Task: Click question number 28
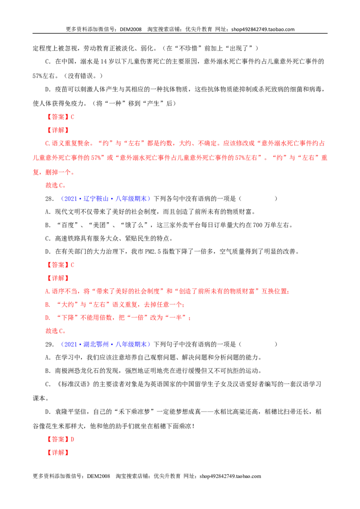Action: point(49,199)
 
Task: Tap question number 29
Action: point(49,344)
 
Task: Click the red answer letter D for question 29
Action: point(72,439)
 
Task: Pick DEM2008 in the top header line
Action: point(130,29)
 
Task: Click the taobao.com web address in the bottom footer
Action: point(230,476)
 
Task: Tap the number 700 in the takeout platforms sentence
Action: point(258,225)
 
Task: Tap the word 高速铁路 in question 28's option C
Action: point(67,238)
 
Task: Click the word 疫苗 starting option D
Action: point(61,89)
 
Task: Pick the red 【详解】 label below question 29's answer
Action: point(58,452)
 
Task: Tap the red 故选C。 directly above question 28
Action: point(56,185)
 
